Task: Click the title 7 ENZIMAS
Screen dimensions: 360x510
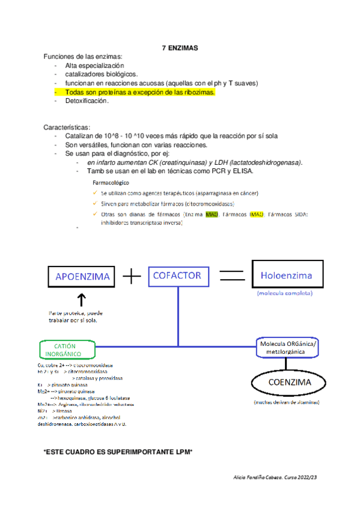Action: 180,48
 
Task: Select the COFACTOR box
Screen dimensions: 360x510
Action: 177,275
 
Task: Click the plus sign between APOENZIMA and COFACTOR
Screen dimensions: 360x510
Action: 130,276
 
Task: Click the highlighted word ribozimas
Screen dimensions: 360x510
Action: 198,93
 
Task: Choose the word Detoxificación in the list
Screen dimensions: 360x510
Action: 87,101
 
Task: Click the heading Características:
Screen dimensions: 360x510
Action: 67,127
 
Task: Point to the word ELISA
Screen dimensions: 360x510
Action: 242,171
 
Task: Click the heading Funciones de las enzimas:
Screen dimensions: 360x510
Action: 82,57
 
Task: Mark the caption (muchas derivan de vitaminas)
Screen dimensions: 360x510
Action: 286,402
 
